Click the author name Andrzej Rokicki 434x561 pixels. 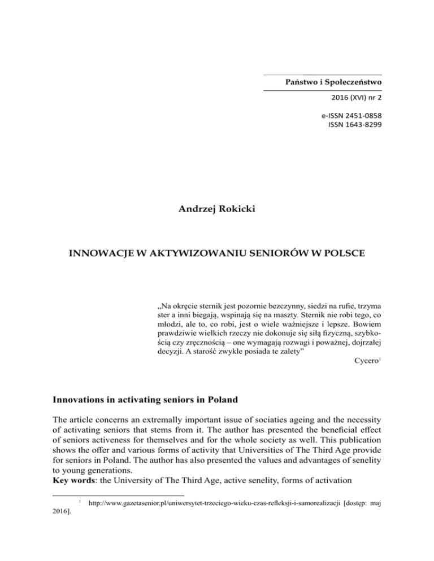[216, 214]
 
